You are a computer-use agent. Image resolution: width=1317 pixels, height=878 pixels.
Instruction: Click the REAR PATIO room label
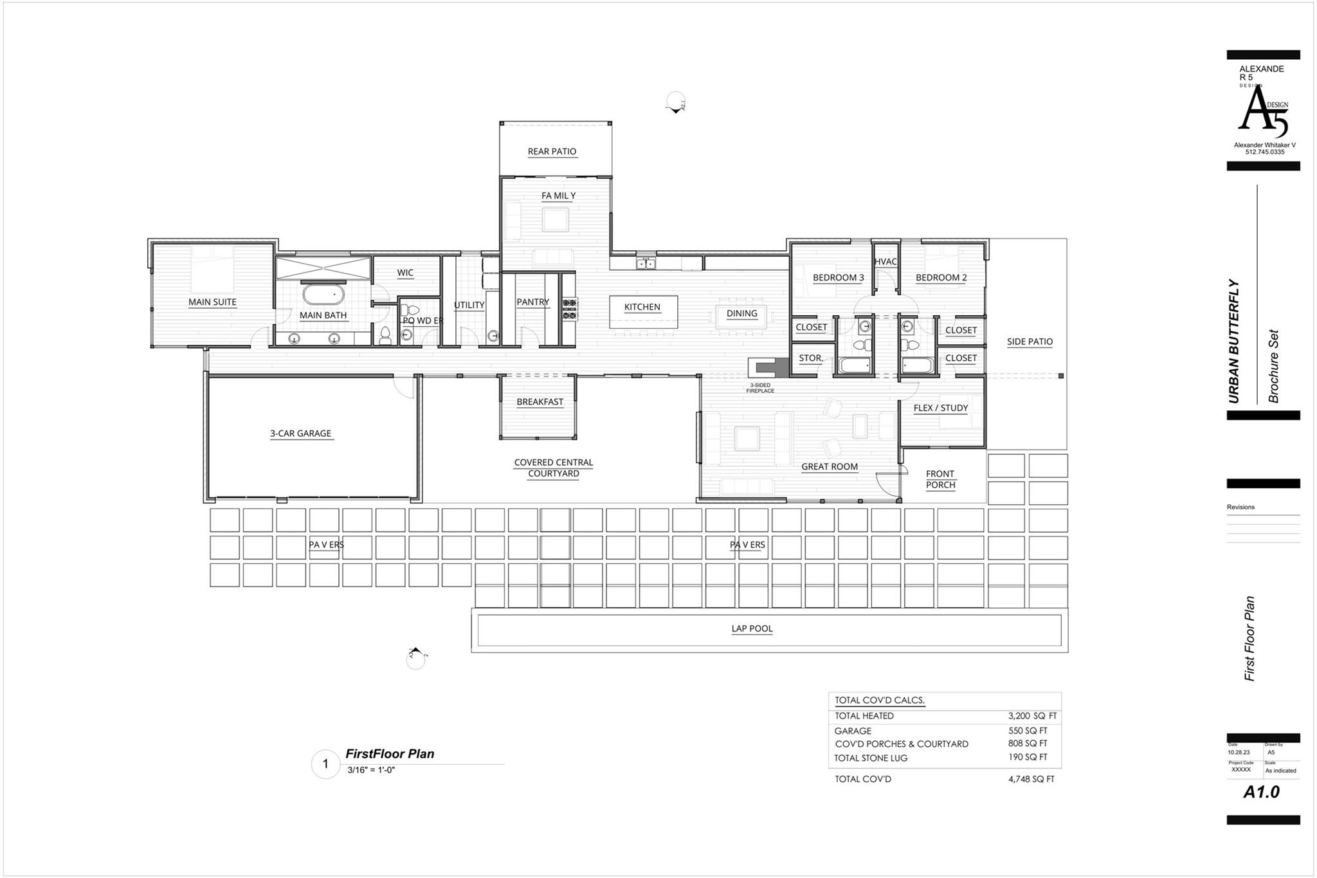(552, 152)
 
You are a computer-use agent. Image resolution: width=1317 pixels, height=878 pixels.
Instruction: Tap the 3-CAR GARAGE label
(300, 434)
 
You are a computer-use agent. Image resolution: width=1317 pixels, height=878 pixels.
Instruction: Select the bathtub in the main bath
(323, 295)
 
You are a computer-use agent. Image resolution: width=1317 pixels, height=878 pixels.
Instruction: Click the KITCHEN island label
(642, 307)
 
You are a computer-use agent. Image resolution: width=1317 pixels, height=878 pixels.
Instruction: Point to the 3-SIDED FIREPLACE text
(760, 388)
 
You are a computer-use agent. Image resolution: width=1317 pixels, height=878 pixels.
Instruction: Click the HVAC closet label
(886, 262)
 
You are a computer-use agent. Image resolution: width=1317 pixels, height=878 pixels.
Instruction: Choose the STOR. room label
(811, 358)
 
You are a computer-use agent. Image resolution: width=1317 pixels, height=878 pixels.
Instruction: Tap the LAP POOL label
(752, 629)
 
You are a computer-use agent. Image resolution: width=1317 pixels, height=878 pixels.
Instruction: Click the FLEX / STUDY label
(940, 408)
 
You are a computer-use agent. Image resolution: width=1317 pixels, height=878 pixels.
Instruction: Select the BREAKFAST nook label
(540, 402)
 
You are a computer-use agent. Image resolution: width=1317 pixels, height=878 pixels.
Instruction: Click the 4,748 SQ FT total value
(1031, 779)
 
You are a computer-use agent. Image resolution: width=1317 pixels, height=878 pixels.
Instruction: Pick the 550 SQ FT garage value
(1028, 731)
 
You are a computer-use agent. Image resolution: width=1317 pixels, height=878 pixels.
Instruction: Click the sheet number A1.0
(1261, 792)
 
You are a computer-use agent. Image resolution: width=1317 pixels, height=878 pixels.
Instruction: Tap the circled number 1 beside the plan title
(325, 764)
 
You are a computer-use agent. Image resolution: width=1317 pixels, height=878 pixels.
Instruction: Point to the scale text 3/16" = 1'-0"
(371, 770)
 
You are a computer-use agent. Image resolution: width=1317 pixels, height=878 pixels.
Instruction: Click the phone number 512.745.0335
(1264, 152)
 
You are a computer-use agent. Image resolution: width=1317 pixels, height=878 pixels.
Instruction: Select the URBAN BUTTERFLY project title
(1233, 341)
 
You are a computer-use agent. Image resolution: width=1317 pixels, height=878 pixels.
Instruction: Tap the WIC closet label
(405, 273)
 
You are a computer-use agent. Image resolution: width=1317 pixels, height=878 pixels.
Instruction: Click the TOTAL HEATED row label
(864, 716)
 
